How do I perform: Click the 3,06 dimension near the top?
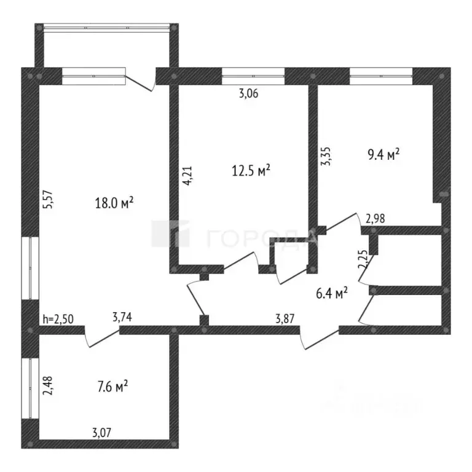(248, 93)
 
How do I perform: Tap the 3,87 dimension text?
(286, 318)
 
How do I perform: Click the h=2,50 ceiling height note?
(58, 319)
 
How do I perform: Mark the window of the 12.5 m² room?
(253, 76)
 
